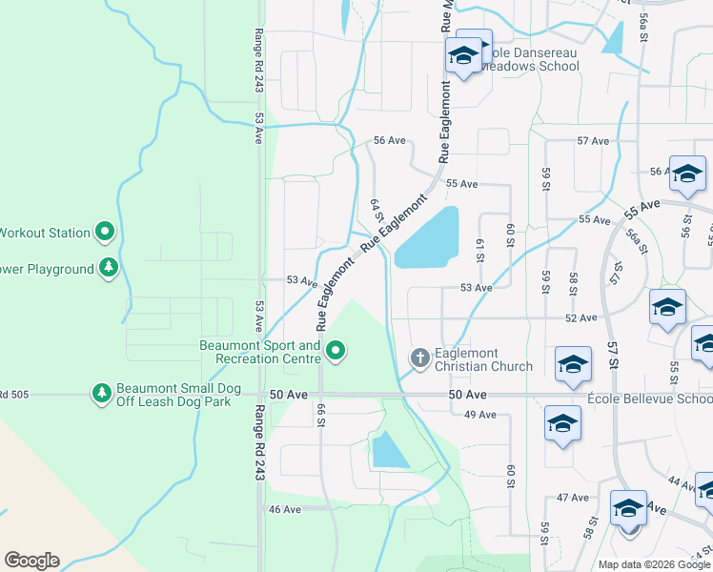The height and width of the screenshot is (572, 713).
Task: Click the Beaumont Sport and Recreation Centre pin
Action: [336, 352]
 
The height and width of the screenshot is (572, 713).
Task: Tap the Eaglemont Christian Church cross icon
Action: [418, 358]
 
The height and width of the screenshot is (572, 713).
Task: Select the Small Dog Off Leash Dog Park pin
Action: [102, 392]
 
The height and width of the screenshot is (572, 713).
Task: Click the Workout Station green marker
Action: [106, 232]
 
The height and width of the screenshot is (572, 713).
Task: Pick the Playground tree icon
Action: [111, 269]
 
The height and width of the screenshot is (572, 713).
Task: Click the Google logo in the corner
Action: [31, 561]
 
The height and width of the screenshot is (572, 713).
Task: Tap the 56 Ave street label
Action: [389, 140]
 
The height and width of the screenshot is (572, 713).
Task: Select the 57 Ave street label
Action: [592, 141]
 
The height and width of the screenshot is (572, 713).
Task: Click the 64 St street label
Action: [376, 214]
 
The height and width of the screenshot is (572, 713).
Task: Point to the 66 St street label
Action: [321, 417]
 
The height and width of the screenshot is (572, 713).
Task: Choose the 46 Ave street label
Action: [284, 509]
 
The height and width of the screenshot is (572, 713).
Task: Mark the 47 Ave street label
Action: [573, 498]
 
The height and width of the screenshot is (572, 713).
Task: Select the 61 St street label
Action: [480, 252]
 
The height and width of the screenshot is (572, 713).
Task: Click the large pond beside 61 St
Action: [427, 238]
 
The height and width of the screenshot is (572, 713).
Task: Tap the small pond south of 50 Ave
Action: [389, 450]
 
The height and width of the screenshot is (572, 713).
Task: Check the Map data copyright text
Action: [654, 564]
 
